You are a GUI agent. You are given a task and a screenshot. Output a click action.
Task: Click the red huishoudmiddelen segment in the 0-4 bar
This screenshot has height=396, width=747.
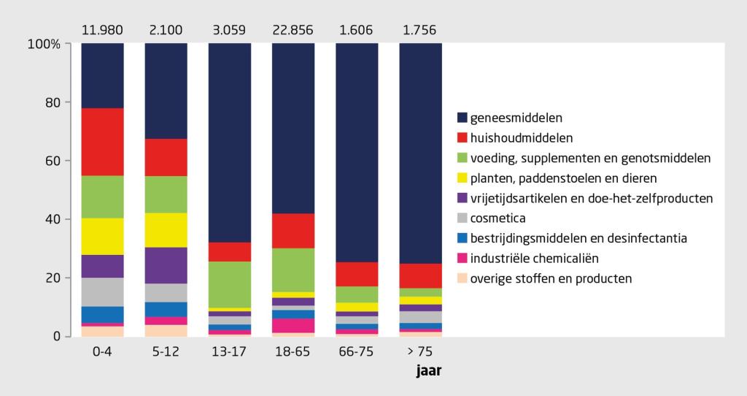pos(102,142)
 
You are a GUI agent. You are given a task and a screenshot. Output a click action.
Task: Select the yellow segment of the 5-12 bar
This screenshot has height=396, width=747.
pos(166,230)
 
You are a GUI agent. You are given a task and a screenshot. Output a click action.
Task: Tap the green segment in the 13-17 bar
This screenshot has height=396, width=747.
pos(229,284)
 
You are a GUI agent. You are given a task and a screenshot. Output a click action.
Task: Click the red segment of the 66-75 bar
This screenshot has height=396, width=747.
pos(357,274)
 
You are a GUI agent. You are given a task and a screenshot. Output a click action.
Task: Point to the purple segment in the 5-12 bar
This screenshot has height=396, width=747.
pos(166,265)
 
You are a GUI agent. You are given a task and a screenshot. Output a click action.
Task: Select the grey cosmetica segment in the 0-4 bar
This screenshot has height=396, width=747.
pos(102,292)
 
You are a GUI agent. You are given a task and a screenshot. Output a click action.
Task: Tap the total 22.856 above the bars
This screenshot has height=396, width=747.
pos(293,31)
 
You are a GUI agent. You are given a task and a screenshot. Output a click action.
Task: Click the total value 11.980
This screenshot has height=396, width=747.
pos(102,31)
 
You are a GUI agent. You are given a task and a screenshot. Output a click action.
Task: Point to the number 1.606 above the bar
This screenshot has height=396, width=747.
pos(357,31)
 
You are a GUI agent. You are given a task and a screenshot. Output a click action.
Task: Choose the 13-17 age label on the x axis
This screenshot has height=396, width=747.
pos(229,351)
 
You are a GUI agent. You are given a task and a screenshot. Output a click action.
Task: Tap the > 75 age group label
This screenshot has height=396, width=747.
pos(420,351)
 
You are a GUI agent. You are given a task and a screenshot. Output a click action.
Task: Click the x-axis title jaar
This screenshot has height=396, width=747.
pos(428,370)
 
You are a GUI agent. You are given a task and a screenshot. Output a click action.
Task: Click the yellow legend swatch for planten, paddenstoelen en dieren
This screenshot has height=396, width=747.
pos(462,178)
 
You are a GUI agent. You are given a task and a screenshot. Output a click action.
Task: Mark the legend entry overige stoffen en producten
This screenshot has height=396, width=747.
pos(551,278)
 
